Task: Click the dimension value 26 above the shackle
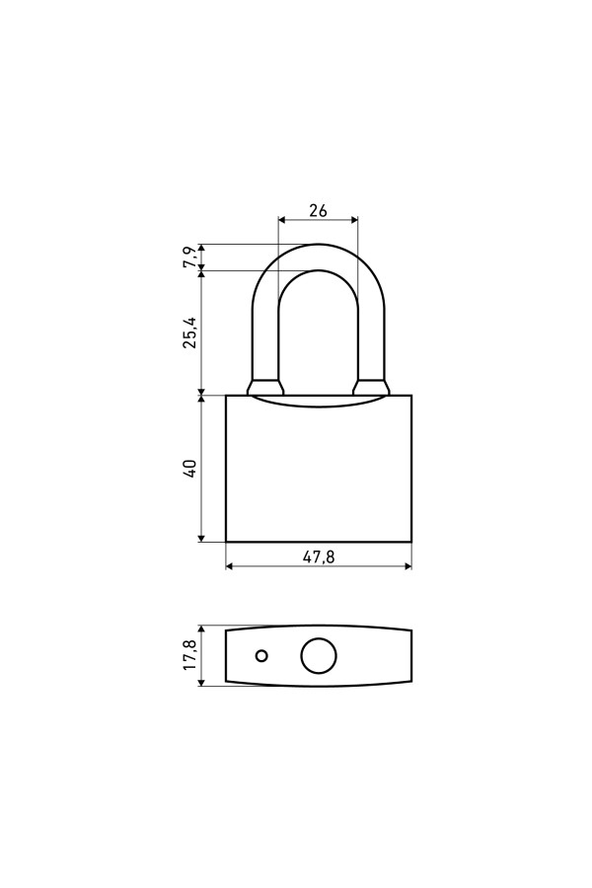click(318, 210)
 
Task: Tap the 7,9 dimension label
click(190, 258)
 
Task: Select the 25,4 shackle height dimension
click(190, 332)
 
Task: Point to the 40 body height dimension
click(190, 469)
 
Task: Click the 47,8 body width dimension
click(319, 557)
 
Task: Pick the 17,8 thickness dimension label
click(190, 655)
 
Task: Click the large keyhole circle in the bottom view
click(319, 656)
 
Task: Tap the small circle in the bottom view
click(261, 656)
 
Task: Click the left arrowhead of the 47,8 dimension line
click(230, 565)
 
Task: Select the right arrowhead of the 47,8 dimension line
click(407, 565)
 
